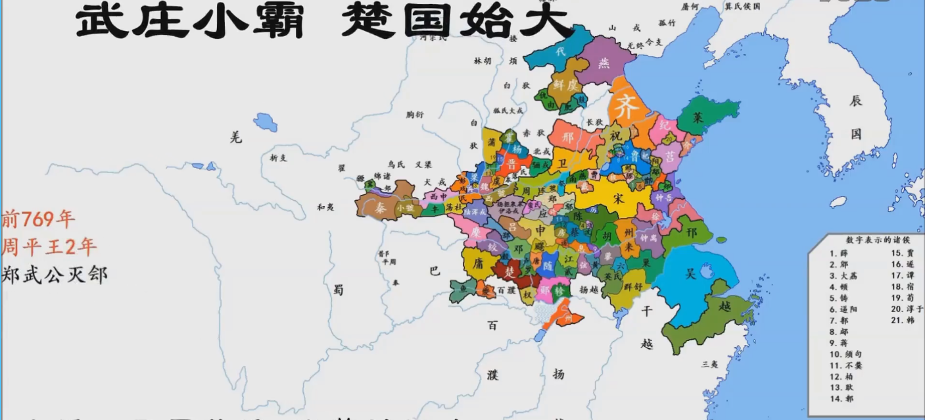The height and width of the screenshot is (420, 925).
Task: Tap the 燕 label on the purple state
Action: pyautogui.click(x=604, y=63)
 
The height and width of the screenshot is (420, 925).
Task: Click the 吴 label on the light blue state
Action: pyautogui.click(x=690, y=273)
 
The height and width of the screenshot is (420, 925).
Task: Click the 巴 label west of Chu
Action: pyautogui.click(x=434, y=270)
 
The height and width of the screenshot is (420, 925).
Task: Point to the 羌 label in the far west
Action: pyautogui.click(x=236, y=137)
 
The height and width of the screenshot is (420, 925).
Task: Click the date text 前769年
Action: pyautogui.click(x=38, y=219)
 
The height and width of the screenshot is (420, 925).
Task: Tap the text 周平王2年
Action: pyautogui.click(x=49, y=247)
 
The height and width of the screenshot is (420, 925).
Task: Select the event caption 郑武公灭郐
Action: pyautogui.click(x=55, y=274)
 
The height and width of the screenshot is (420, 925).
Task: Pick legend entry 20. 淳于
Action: pyautogui.click(x=907, y=309)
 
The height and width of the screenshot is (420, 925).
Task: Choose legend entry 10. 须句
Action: pyautogui.click(x=845, y=354)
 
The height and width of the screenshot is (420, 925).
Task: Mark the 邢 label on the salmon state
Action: pyautogui.click(x=568, y=138)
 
